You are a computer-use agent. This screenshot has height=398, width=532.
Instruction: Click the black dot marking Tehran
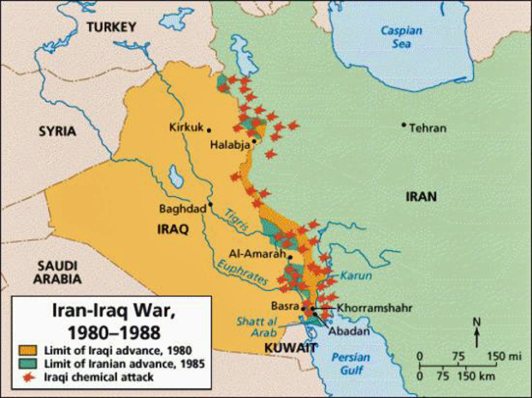point(404,125)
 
